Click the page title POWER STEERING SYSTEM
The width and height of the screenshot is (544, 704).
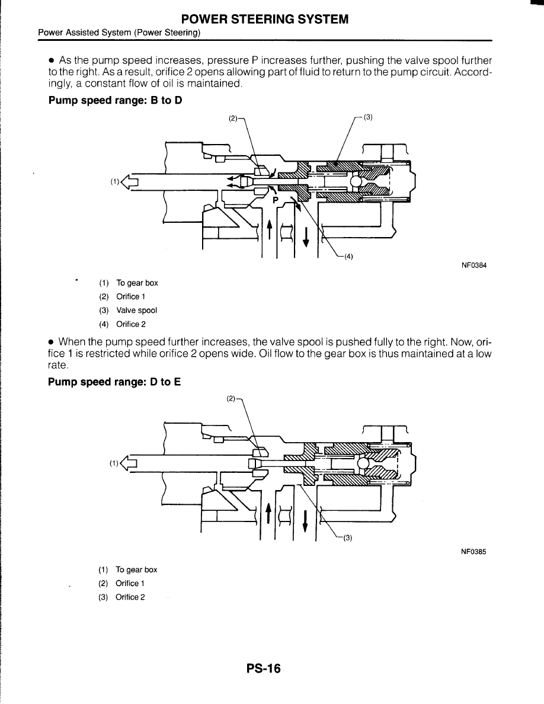272,20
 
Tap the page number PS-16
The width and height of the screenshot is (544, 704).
264,669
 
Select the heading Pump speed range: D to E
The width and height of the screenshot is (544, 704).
114,382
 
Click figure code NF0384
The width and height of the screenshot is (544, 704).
473,265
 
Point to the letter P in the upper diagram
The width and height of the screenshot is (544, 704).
275,200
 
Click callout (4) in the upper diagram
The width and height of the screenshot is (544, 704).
348,257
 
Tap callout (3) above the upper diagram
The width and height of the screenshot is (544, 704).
367,117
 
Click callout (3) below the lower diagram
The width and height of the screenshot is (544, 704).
348,538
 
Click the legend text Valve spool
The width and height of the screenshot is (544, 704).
137,311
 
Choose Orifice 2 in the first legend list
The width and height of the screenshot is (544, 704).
131,324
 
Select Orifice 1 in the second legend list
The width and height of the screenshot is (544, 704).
130,583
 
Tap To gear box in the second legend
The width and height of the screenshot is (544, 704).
136,569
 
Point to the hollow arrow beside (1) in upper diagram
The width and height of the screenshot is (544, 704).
129,182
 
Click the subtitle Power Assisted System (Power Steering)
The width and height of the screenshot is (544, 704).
119,33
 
